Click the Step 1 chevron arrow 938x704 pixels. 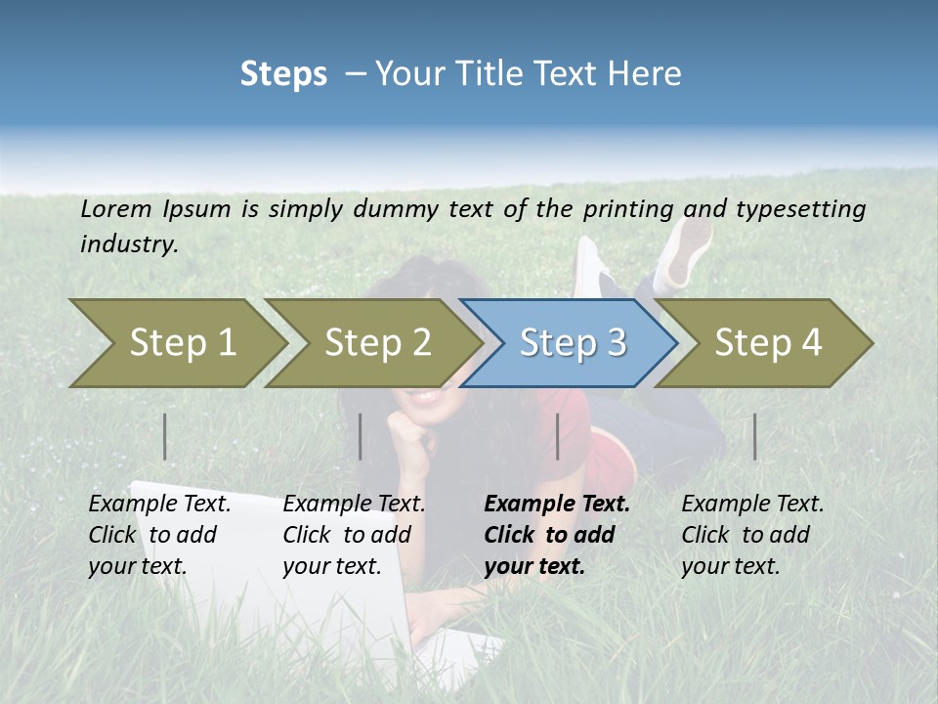181,343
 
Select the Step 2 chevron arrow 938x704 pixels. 376,343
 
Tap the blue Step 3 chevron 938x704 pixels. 572,343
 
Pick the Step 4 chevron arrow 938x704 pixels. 767,343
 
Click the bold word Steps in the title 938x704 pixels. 283,74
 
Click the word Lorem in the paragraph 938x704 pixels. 115,208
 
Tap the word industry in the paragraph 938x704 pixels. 128,243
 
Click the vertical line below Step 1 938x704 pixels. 165,436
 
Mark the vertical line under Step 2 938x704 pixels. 361,436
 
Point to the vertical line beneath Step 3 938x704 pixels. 558,436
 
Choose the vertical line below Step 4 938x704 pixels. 754,436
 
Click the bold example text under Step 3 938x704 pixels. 556,535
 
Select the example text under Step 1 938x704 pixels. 159,535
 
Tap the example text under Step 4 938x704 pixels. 751,535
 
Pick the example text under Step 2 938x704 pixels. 354,535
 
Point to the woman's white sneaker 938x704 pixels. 685,249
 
